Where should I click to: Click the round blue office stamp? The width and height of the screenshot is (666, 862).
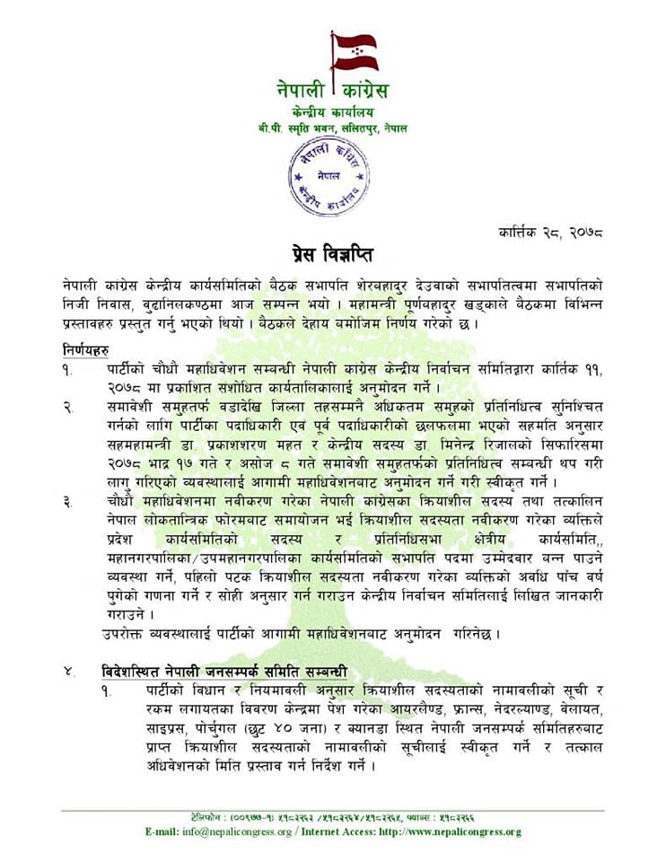click(x=332, y=175)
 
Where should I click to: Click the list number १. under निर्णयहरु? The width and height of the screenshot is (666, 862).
click(x=67, y=368)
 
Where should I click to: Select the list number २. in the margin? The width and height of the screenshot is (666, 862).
click(x=67, y=409)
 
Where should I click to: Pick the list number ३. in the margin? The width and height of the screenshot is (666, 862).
click(x=67, y=498)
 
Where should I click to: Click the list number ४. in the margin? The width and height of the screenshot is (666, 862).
click(x=68, y=672)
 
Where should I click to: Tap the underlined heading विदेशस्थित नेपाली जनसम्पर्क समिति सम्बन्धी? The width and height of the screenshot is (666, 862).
click(x=224, y=672)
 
